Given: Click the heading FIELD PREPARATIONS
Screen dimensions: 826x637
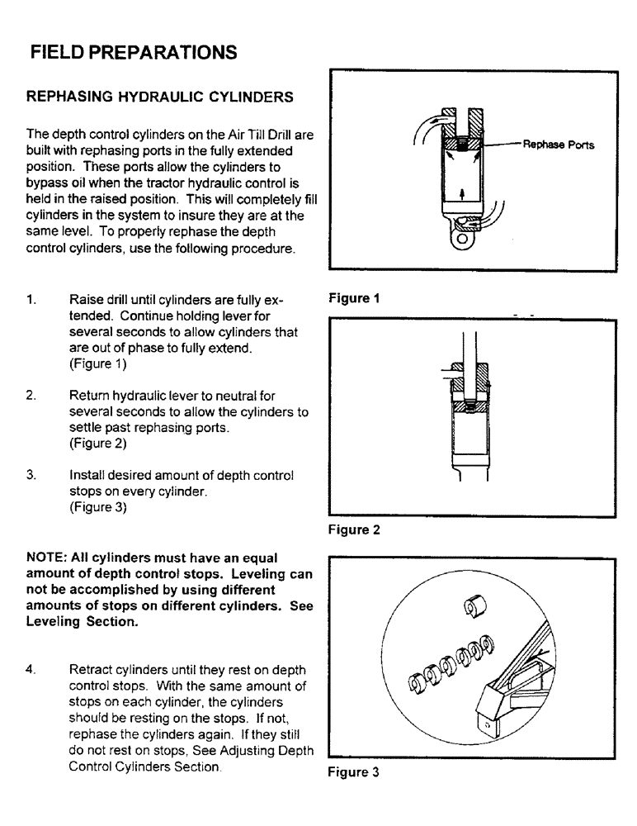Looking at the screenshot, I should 133,53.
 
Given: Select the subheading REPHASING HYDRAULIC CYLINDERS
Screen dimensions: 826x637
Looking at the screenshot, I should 160,97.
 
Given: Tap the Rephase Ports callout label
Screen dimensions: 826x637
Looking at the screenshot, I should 559,145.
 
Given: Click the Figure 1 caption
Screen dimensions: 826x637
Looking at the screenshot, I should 353,299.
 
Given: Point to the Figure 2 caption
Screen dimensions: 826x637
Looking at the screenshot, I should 354,530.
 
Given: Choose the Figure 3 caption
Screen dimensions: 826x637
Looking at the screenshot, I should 354,772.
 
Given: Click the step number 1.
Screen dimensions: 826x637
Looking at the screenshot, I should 31,299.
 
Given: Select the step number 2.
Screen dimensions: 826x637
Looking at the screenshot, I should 31,396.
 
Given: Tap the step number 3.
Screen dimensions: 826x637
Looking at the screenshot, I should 31,476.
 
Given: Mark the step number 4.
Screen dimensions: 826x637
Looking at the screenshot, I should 31,670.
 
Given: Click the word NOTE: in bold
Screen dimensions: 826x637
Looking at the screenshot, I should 48,558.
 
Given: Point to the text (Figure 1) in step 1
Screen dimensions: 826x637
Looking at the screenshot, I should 98,363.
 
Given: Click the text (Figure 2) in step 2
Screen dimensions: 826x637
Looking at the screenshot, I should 98,444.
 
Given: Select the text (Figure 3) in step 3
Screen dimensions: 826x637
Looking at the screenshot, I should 98,508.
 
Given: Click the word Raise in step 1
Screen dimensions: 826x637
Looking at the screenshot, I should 87,299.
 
